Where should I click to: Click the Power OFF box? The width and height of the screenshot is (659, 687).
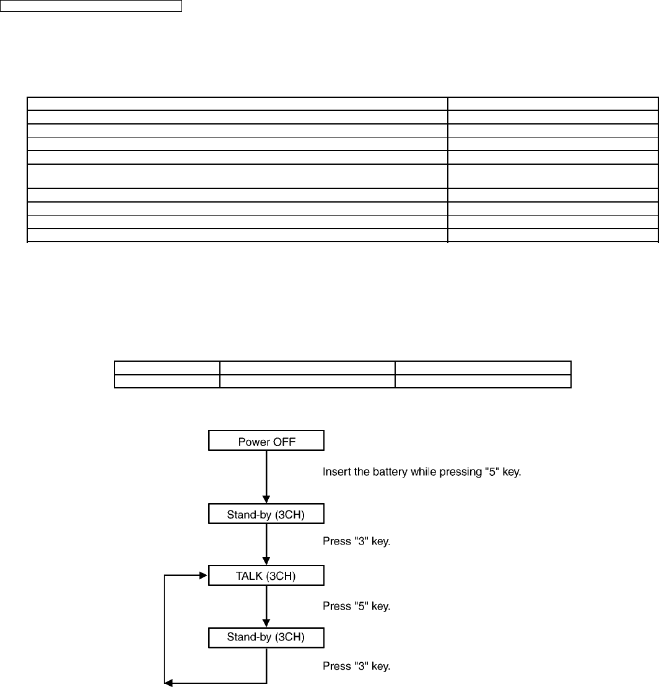pyautogui.click(x=266, y=442)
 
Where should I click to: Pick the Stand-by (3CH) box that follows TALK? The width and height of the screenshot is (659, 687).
pyautogui.click(x=266, y=637)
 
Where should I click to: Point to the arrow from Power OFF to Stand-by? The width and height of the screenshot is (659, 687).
pyautogui.click(x=266, y=474)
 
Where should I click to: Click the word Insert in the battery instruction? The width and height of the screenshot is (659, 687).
pyautogui.click(x=335, y=473)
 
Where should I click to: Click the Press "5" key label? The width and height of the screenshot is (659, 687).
pyautogui.click(x=356, y=606)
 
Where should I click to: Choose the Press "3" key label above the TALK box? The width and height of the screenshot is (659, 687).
pyautogui.click(x=356, y=541)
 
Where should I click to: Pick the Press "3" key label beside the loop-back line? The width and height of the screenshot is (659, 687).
pyautogui.click(x=356, y=667)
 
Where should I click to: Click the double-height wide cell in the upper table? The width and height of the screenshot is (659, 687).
pyautogui.click(x=237, y=176)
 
